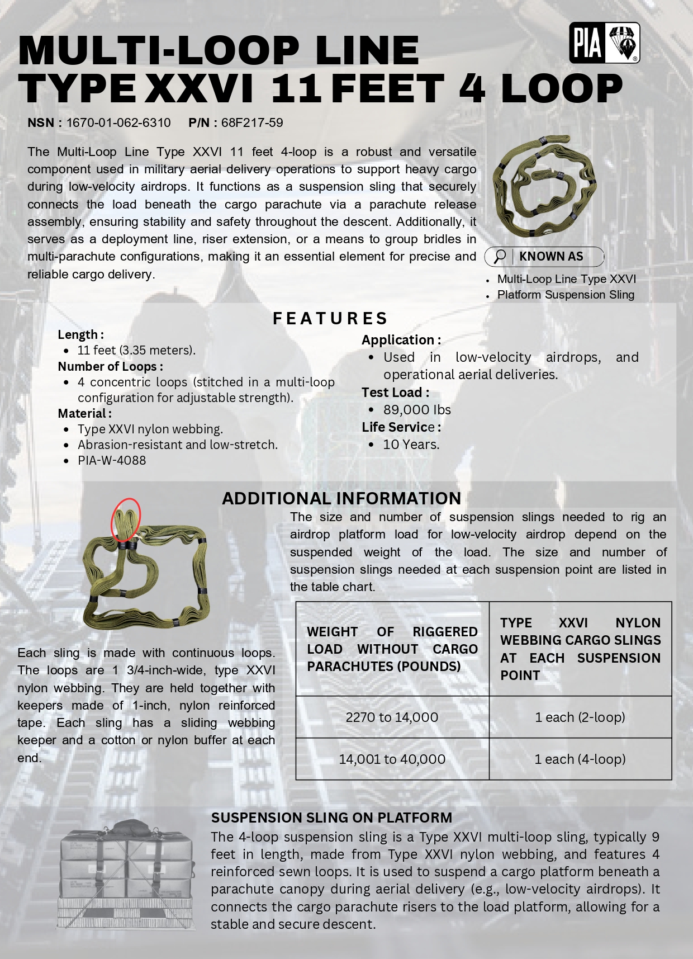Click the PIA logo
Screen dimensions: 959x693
tap(604, 43)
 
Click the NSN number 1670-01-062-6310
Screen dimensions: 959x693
tap(118, 123)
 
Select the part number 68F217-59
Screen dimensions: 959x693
tap(252, 123)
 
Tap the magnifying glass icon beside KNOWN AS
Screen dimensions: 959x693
tap(500, 257)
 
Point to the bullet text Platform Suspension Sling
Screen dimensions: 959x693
tap(566, 295)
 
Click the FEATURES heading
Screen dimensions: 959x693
tap(330, 319)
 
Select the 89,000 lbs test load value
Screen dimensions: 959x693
tap(417, 410)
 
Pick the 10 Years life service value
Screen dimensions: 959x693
tap(411, 445)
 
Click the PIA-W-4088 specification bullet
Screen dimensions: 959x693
tap(112, 460)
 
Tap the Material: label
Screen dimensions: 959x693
tap(84, 413)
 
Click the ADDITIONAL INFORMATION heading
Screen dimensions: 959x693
tap(341, 498)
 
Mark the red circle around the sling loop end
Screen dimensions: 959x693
tap(126, 519)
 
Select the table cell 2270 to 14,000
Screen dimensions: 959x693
tap(392, 717)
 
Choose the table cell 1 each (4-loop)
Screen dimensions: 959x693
tap(580, 759)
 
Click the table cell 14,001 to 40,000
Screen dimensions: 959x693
tap(392, 759)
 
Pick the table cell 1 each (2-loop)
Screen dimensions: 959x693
tap(580, 717)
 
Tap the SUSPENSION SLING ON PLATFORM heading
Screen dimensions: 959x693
tap(331, 818)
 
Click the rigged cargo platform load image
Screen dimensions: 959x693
tap(126, 874)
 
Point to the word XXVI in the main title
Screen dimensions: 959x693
tap(199, 88)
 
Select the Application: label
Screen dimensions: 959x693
tap(401, 340)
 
